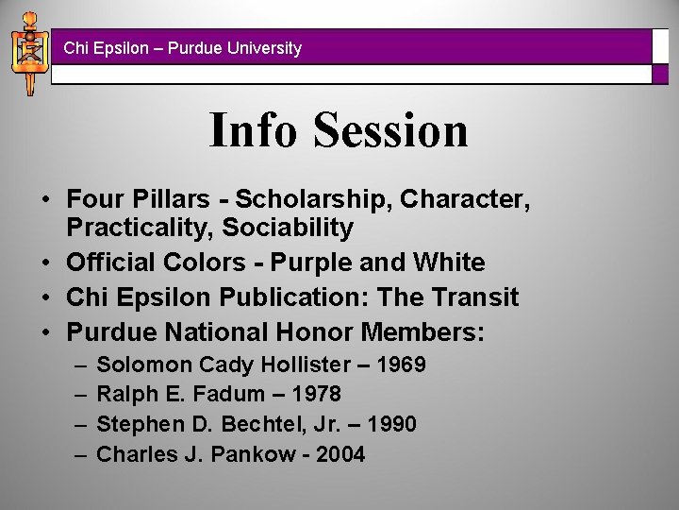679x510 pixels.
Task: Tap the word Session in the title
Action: tap(391, 130)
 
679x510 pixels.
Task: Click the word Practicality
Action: tap(141, 228)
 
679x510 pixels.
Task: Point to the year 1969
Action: tap(399, 364)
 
